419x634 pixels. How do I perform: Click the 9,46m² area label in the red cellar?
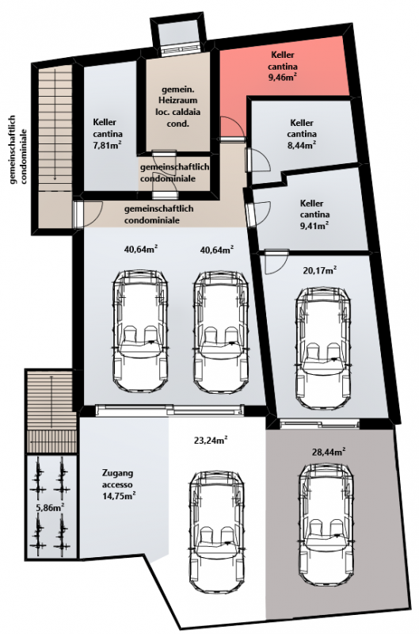[284, 78]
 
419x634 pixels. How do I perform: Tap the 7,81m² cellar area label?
[108, 145]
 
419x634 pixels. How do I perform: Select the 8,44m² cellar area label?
[302, 145]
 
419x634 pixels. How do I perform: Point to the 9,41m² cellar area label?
[314, 226]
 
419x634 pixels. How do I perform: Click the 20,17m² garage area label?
[321, 270]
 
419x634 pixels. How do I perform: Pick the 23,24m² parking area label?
[211, 441]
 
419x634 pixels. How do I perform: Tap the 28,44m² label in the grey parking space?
[329, 451]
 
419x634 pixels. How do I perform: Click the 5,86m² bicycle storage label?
[51, 508]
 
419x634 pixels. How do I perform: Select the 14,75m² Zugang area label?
[119, 495]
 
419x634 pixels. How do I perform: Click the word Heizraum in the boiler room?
[178, 100]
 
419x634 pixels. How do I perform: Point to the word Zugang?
[117, 472]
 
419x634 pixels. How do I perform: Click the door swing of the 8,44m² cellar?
[258, 161]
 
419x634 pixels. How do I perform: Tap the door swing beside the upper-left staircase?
[87, 214]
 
